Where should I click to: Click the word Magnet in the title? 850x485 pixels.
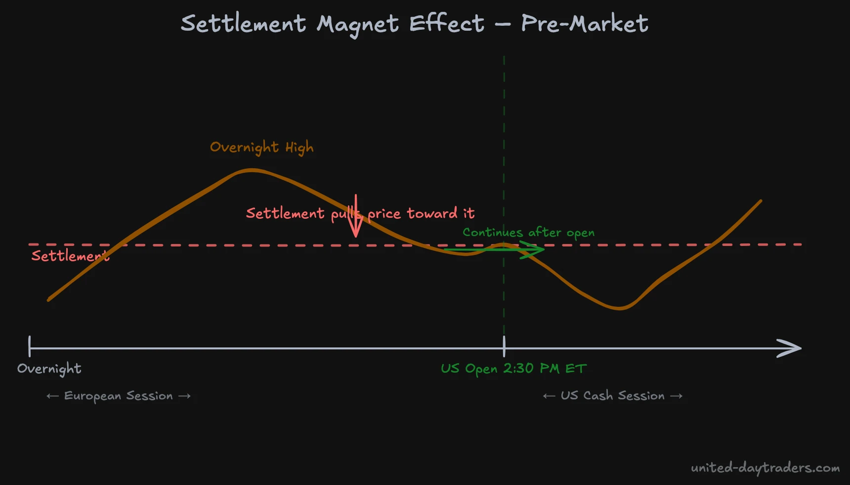[x=357, y=24]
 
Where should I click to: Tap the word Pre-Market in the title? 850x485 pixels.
[x=584, y=23]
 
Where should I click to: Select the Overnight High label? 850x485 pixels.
[x=261, y=147]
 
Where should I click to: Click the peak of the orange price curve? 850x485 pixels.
[x=251, y=170]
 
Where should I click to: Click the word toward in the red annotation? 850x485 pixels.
[x=432, y=213]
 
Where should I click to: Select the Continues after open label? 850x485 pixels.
[x=528, y=232]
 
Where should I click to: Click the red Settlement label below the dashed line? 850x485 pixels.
[x=69, y=256]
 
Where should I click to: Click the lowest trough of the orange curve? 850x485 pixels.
[x=620, y=308]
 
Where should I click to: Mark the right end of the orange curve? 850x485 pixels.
[x=760, y=201]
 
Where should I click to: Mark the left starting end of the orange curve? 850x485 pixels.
[x=49, y=299]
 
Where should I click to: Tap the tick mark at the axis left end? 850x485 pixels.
[x=30, y=346]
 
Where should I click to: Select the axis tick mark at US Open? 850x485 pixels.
[x=504, y=346]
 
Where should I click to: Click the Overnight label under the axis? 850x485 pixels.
[x=49, y=369]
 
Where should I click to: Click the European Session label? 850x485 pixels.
[x=119, y=396]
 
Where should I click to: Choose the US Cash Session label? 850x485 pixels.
[x=612, y=396]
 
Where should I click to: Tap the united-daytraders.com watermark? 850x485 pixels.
[x=765, y=468]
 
